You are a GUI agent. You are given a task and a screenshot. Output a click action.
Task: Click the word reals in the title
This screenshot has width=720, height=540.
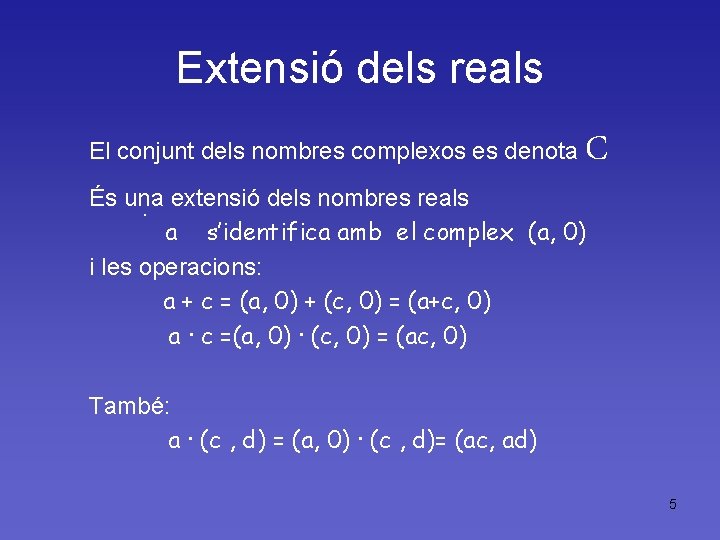point(495,68)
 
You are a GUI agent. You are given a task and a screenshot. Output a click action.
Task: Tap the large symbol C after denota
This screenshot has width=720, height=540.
point(597,149)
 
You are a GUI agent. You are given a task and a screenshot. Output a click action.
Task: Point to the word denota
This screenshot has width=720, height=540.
point(541,152)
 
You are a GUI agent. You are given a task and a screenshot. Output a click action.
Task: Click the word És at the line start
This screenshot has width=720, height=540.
point(101,198)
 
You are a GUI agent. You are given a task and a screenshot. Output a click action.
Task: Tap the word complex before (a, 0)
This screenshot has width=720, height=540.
point(469,234)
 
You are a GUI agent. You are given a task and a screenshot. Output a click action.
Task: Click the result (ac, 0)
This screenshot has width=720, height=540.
point(432,337)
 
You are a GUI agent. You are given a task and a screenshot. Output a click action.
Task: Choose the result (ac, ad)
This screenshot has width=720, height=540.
point(495,440)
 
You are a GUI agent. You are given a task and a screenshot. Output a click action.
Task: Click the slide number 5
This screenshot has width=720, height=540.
point(673,504)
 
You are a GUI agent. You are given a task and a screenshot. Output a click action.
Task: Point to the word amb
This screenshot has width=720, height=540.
point(360,234)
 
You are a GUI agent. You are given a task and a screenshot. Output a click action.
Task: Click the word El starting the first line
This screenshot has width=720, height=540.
point(100,152)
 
